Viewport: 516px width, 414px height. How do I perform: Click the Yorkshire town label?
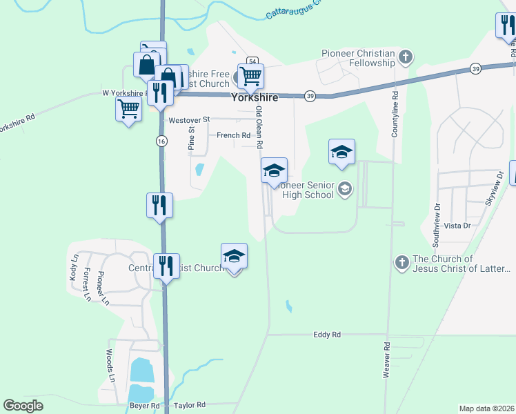pyautogui.click(x=255, y=97)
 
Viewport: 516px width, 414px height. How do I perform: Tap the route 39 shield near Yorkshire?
pyautogui.click(x=310, y=96)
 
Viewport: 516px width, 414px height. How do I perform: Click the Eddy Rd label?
pyautogui.click(x=327, y=335)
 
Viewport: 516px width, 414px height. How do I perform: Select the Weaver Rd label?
pyautogui.click(x=386, y=359)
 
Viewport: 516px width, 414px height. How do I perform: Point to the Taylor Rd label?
pyautogui.click(x=190, y=406)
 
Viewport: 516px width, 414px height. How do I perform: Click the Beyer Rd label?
pyautogui.click(x=146, y=406)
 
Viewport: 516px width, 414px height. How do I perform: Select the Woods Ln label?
pyautogui.click(x=110, y=366)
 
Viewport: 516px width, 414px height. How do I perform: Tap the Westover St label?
pyautogui.click(x=188, y=120)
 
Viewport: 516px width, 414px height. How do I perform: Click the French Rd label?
pyautogui.click(x=233, y=136)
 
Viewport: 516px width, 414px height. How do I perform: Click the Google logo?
pyautogui.click(x=23, y=406)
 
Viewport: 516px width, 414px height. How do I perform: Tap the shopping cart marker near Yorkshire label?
pyautogui.click(x=250, y=76)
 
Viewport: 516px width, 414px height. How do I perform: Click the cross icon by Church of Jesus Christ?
pyautogui.click(x=402, y=262)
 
